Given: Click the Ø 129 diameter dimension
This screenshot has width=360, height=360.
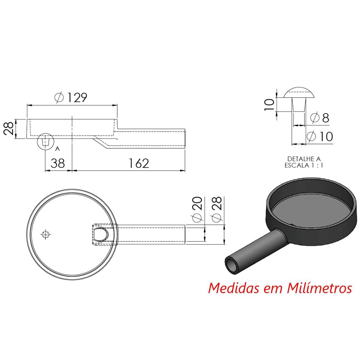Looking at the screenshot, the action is click(x=71, y=97).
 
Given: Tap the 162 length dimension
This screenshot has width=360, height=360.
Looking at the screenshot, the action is click(x=139, y=163).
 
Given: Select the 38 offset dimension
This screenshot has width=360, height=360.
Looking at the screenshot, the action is click(x=58, y=163).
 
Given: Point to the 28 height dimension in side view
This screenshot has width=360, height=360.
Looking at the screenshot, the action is click(x=8, y=128).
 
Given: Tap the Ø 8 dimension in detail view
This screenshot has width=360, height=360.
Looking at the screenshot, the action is click(x=319, y=118).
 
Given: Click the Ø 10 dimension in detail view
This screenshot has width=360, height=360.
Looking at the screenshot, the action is click(x=320, y=136).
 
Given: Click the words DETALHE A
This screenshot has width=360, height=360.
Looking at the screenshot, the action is click(x=304, y=159).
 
